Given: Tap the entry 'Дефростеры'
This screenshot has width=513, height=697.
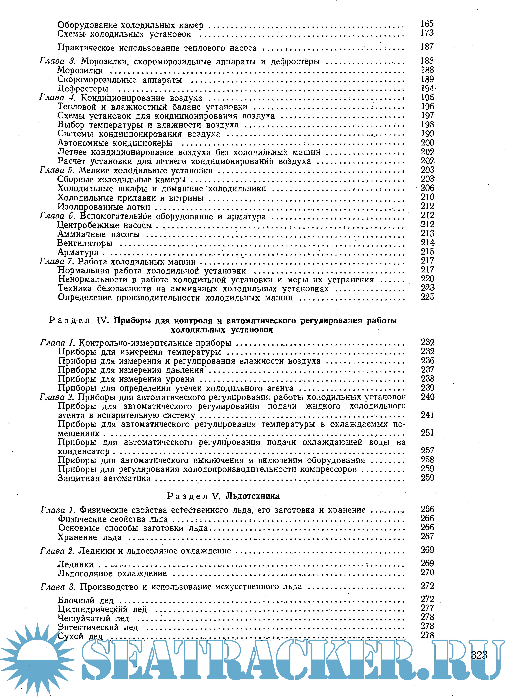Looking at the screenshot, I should coord(83,89).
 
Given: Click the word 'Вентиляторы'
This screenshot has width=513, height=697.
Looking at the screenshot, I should coord(85,243).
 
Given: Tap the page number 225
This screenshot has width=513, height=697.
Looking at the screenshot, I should coord(427,297).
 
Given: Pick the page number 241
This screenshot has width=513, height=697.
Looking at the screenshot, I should coord(427,415).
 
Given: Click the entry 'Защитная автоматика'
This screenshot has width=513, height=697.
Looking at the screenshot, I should coord(104,478).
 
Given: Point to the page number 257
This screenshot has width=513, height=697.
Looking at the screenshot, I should coord(427,450).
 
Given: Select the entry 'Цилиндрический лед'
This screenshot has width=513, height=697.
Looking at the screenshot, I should coord(102,610).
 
